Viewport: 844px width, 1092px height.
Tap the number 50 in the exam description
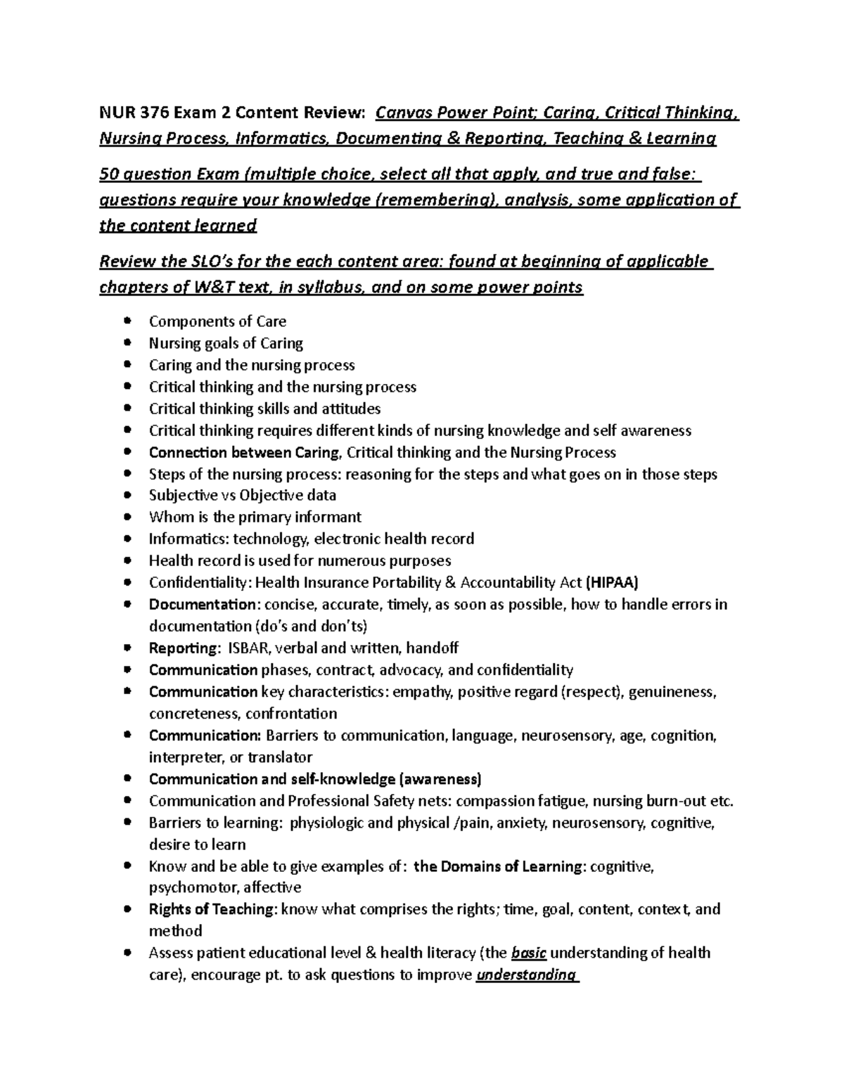click(109, 174)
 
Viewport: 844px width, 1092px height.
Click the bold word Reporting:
click(185, 648)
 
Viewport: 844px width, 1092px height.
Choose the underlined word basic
click(529, 953)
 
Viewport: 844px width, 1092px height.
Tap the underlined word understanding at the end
click(526, 975)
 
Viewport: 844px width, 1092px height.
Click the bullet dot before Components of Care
click(127, 321)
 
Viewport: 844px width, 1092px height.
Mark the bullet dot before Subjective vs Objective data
click(127, 495)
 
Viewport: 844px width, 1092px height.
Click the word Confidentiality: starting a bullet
click(200, 582)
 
